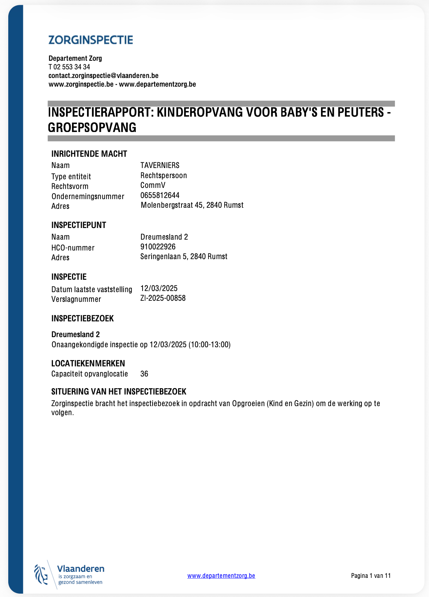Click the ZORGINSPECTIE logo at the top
point(91,40)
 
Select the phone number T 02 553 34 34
point(69,67)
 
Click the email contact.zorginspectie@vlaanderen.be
point(103,75)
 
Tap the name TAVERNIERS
point(160,165)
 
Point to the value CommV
point(153,185)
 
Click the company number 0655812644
point(160,195)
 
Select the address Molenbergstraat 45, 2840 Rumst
point(192,205)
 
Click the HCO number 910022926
point(158,247)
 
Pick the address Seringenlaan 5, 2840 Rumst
point(184,256)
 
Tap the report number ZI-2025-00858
point(163,298)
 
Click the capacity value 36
point(144,374)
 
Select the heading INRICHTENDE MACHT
point(89,154)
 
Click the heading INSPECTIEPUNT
point(79,225)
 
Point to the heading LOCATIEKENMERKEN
point(88,363)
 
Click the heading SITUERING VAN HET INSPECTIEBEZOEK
point(118,391)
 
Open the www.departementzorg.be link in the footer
point(221,576)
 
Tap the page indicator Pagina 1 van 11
point(371,576)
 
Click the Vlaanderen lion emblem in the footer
point(41,574)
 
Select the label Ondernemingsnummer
point(88,196)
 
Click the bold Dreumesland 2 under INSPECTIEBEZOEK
point(75,334)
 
